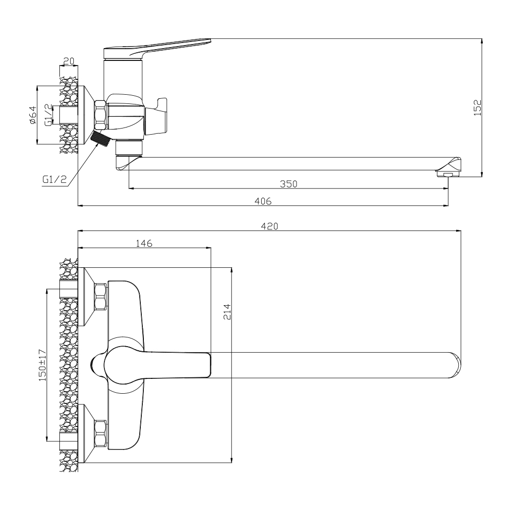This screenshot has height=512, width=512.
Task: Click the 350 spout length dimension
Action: pos(289,184)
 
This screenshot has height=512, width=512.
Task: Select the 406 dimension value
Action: pos(263,201)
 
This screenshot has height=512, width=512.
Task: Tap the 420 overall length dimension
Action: pos(269,226)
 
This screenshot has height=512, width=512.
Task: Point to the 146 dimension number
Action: pos(144,243)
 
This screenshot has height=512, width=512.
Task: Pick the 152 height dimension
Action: pos(477,108)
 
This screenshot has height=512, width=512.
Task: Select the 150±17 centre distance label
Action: pos(42,365)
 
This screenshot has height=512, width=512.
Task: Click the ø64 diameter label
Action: pos(33,115)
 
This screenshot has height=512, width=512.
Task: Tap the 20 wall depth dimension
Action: pos(69,61)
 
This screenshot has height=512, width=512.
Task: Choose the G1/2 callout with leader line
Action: pos(55,179)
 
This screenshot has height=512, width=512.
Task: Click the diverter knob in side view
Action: pos(156,116)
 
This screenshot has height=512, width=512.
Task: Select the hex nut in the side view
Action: pos(100,115)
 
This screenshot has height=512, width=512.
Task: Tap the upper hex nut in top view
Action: pos(100,297)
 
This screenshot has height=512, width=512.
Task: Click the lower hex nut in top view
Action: pos(100,433)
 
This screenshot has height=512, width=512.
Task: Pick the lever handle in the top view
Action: pos(157,365)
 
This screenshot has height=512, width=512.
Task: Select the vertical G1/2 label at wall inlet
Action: pos(48,115)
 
